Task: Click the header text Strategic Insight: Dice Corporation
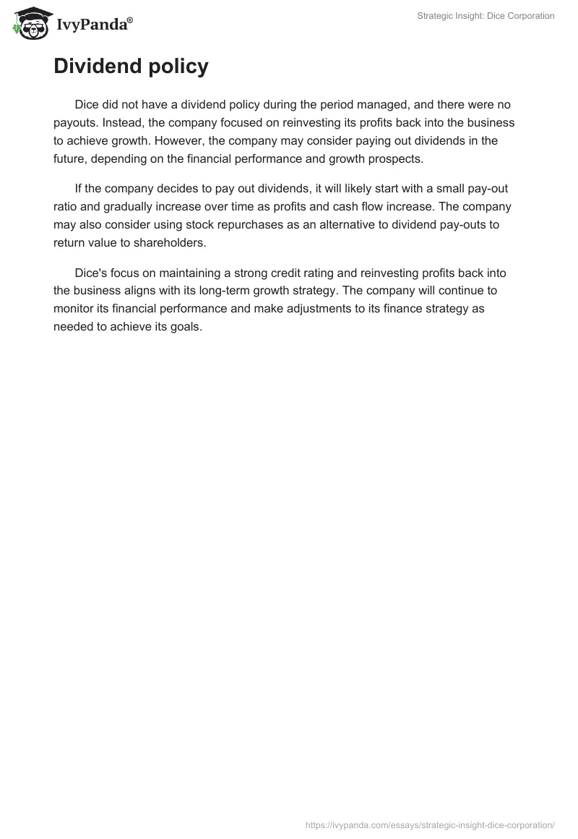coord(486,16)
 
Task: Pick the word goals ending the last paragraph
coord(184,326)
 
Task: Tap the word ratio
coord(67,207)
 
